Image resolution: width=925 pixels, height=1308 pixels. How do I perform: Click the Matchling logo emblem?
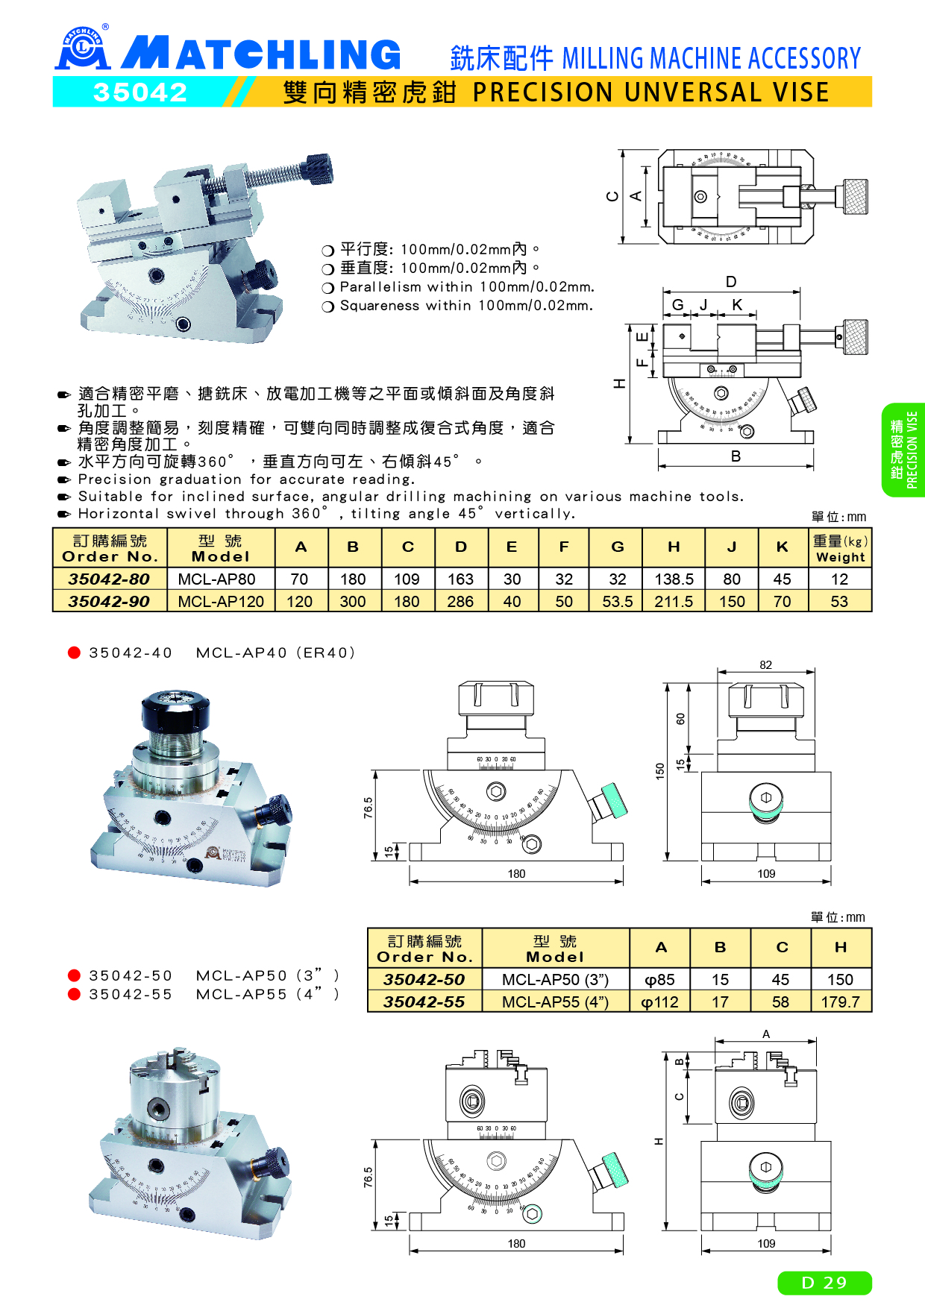tap(83, 48)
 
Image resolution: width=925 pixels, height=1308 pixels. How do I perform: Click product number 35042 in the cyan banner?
tap(140, 92)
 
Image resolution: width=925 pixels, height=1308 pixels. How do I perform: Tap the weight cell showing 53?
tap(839, 601)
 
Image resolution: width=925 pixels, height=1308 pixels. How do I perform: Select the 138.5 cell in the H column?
tap(674, 579)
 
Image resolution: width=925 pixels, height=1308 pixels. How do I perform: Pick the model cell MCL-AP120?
tap(221, 601)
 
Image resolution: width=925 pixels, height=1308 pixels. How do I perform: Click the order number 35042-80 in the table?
tap(109, 579)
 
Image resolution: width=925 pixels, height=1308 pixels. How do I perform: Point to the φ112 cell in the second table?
tap(659, 1002)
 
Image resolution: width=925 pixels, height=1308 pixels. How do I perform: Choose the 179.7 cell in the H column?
tap(840, 1002)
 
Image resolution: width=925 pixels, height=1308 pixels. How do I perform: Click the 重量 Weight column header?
tap(840, 548)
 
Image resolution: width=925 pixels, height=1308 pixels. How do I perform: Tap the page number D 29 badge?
tap(824, 1283)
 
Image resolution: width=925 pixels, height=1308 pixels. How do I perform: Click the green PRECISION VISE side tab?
tap(903, 450)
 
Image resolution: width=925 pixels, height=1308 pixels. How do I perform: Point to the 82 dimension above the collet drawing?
tap(766, 664)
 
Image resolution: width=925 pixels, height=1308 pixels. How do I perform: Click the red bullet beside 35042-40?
tap(74, 653)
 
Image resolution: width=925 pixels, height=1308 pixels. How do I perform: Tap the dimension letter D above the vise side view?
tap(731, 282)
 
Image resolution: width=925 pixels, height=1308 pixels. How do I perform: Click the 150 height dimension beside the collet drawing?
tap(660, 771)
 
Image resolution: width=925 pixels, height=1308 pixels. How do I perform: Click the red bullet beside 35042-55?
tap(74, 994)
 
